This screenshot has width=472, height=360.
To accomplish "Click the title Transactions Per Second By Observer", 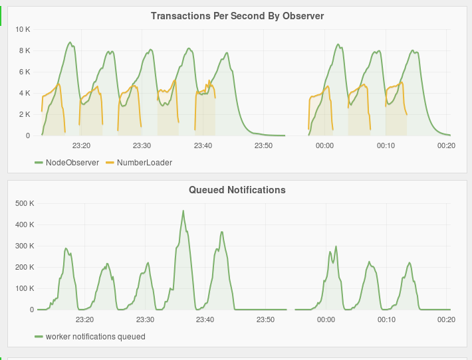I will pyautogui.click(x=237, y=15).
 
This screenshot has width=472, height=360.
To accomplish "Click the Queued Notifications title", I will pyautogui.click(x=237, y=190).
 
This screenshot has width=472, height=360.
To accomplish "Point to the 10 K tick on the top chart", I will pyautogui.click(x=23, y=29).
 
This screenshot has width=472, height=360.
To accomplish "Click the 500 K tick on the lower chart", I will pyautogui.click(x=25, y=203).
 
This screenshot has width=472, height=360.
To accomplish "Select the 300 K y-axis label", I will pyautogui.click(x=25, y=246).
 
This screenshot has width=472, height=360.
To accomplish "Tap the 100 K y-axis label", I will pyautogui.click(x=25, y=288).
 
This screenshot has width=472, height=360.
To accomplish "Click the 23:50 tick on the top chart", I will pyautogui.click(x=264, y=145).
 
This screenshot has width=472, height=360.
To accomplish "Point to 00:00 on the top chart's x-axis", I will pyautogui.click(x=324, y=145).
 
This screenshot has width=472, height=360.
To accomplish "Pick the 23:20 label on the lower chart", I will pyautogui.click(x=84, y=319).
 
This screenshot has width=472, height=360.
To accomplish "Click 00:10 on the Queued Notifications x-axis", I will pyautogui.click(x=386, y=319).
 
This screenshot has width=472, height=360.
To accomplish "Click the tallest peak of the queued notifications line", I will pyautogui.click(x=183, y=211).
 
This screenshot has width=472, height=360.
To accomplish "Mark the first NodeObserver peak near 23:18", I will pyautogui.click(x=70, y=43).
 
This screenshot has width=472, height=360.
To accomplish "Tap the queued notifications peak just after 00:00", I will pyautogui.click(x=336, y=246).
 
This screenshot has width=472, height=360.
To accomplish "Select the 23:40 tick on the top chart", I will pyautogui.click(x=203, y=145).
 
